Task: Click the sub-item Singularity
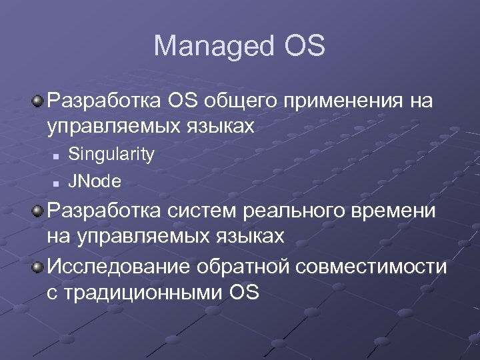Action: pos(111,155)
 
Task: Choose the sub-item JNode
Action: pos(95,181)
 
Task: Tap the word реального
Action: pos(295,212)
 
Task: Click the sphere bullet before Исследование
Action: pos(39,267)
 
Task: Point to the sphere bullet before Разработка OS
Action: pos(39,101)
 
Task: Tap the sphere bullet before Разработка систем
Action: pos(39,212)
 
